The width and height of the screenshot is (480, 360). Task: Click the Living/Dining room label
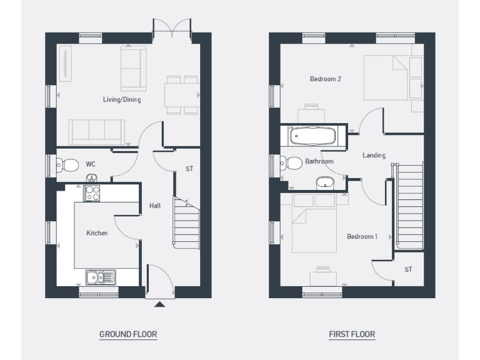click(122, 99)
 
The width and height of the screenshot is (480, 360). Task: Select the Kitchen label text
click(97, 233)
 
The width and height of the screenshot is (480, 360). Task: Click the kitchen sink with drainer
click(99, 276)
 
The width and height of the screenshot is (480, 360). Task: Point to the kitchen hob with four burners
click(92, 192)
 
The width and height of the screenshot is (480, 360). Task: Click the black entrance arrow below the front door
click(159, 305)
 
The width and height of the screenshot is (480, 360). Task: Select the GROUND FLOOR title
click(128, 334)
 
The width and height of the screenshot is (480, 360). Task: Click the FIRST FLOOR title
click(352, 334)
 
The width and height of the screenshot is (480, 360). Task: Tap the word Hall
click(154, 205)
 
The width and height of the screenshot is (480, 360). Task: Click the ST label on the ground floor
click(189, 169)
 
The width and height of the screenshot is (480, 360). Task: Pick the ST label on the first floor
click(408, 269)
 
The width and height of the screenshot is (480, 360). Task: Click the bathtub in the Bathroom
click(313, 136)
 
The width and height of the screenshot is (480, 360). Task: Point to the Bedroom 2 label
click(325, 79)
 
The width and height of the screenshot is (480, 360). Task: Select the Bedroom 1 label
click(362, 236)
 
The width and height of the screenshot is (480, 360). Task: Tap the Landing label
click(374, 155)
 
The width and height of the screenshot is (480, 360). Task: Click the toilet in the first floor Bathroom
click(291, 164)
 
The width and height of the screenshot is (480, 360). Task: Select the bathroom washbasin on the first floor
click(325, 183)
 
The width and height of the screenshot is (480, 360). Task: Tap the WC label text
click(91, 164)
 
